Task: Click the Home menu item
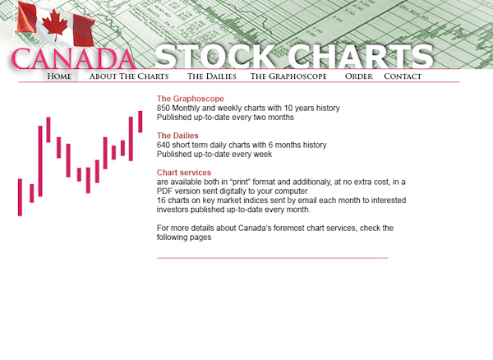pos(59,76)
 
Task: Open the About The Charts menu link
pos(129,76)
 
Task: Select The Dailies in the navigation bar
pos(212,76)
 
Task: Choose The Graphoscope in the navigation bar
pos(288,76)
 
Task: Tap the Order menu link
pos(359,76)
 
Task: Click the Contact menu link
pos(403,76)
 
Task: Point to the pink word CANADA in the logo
pos(73,58)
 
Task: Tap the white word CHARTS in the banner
pos(361,57)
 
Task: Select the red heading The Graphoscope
pos(191,99)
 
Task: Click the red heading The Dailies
pos(177,136)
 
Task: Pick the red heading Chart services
pos(184,173)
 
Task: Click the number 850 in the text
pos(164,108)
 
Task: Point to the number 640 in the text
pos(164,145)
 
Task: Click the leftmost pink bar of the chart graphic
pos(20,197)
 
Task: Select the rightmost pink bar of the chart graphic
pos(141,122)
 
